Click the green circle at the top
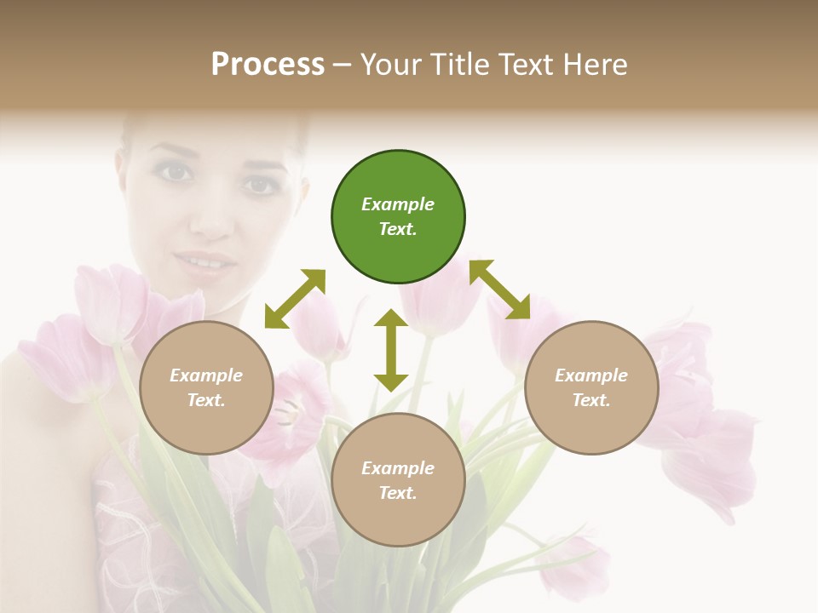398,217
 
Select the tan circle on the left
206,387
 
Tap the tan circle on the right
591,387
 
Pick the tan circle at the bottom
398,479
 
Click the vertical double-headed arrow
391,349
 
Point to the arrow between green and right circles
499,289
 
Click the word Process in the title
268,64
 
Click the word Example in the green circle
398,204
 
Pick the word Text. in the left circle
206,400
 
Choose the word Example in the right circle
591,375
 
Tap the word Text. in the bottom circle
398,493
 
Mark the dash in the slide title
343,65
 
